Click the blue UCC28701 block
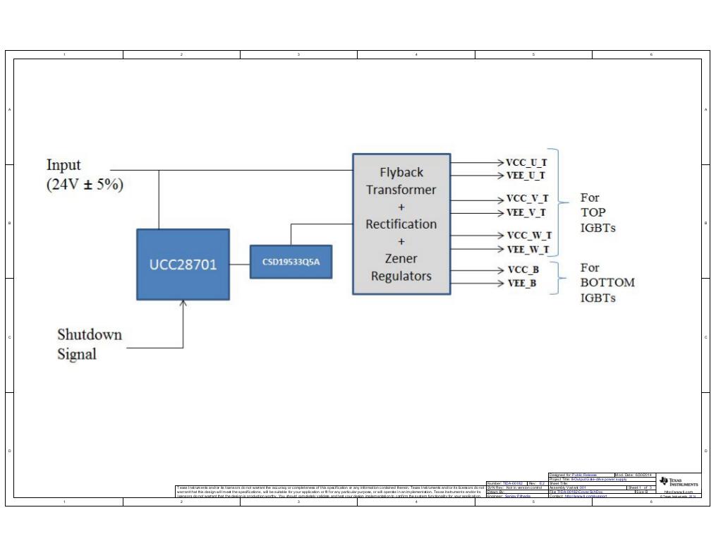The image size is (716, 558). point(183,265)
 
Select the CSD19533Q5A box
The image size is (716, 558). point(291,262)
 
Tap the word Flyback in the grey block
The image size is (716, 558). point(401,172)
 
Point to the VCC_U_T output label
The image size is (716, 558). point(526,162)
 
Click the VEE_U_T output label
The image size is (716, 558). point(526,175)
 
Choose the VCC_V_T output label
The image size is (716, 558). point(527,199)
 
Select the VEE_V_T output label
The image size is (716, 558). point(526,212)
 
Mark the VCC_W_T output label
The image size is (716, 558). point(529,236)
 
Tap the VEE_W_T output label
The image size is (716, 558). point(528,249)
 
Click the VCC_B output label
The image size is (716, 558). point(523,269)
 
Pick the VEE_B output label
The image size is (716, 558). point(522,284)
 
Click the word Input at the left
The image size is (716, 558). point(63,165)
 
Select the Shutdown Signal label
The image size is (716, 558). point(89,344)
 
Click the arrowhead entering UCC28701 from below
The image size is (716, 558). point(183,304)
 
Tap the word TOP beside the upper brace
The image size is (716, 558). point(593,212)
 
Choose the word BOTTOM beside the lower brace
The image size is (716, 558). point(607,283)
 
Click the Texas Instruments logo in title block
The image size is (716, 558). point(679,483)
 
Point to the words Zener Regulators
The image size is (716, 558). point(401,267)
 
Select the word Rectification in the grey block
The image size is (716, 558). point(401,224)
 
